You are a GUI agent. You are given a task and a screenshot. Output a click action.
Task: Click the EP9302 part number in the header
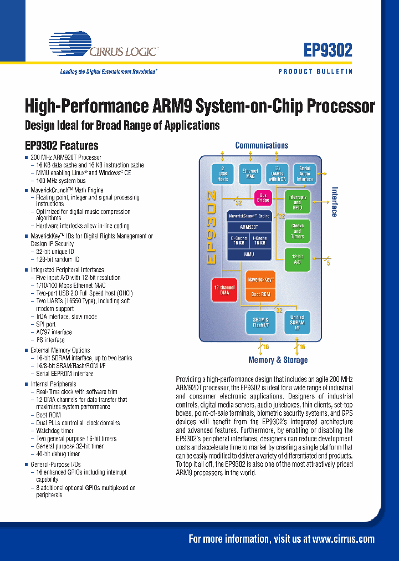pyautogui.click(x=328, y=50)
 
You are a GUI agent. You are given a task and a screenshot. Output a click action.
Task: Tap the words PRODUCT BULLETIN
pyautogui.click(x=315, y=72)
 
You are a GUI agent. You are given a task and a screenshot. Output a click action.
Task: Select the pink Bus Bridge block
pyautogui.click(x=262, y=197)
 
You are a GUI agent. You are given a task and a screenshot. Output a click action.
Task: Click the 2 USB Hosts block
pyautogui.click(x=223, y=175)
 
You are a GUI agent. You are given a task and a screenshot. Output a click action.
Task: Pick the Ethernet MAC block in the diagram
pyautogui.click(x=250, y=174)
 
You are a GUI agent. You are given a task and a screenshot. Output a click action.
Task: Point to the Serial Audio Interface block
pyautogui.click(x=305, y=174)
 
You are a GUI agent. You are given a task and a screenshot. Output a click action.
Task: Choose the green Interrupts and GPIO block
pyautogui.click(x=297, y=203)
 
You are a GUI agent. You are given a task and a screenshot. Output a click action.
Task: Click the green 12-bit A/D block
pyautogui.click(x=297, y=259)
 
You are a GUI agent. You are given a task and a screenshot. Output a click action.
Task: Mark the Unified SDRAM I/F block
pyautogui.click(x=297, y=323)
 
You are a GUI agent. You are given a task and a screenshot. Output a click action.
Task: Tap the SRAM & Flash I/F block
pyautogui.click(x=260, y=323)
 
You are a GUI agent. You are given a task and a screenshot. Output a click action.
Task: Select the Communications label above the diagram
pyautogui.click(x=262, y=145)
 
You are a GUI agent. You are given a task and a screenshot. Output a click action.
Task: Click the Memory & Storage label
pyautogui.click(x=278, y=360)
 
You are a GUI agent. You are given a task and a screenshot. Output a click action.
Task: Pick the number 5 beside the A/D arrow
pyautogui.click(x=328, y=263)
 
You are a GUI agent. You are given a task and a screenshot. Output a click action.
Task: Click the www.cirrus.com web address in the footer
pyautogui.click(x=343, y=539)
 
